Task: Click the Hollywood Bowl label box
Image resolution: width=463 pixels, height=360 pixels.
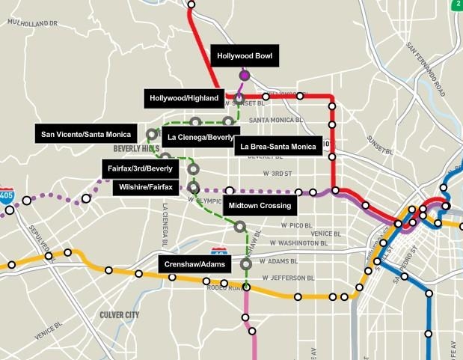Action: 245,56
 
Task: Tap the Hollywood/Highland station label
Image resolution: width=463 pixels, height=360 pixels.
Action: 184,98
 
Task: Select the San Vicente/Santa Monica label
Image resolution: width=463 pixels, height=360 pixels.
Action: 86,135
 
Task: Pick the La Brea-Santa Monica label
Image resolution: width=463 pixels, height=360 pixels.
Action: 278,147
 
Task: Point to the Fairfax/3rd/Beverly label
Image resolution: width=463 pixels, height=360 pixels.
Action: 140,169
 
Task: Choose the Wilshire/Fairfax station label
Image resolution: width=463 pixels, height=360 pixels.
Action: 145,186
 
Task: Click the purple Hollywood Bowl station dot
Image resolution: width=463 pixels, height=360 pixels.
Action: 244,75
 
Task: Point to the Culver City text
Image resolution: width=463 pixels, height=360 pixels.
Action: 119,315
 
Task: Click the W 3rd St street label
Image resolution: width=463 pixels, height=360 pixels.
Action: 277,174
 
